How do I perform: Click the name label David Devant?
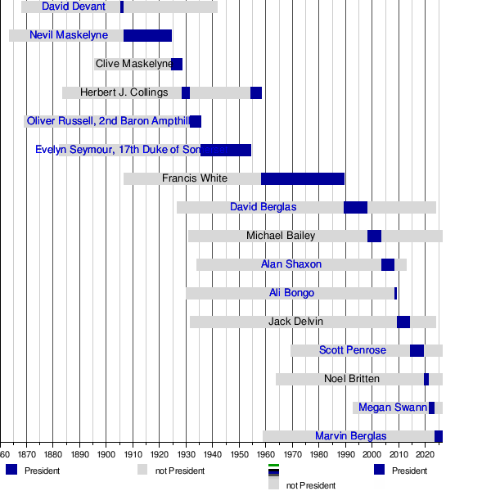[x=74, y=7]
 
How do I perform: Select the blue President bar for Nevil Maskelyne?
[x=147, y=35]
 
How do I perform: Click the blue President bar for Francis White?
[x=303, y=178]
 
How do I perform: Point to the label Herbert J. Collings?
[x=124, y=92]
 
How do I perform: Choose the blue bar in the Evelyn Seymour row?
[x=226, y=150]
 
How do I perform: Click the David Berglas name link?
[x=264, y=207]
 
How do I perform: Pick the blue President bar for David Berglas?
[x=355, y=207]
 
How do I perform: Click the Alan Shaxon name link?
[x=291, y=264]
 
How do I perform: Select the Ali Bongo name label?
[x=286, y=293]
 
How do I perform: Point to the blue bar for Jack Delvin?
[x=403, y=322]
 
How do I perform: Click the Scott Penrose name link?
[x=353, y=350]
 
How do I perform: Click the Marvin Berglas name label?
[x=351, y=436]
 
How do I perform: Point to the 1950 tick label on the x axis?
[x=239, y=453]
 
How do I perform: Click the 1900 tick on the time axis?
[x=106, y=453]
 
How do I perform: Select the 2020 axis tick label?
[x=425, y=453]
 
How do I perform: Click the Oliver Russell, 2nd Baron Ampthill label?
[x=107, y=121]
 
